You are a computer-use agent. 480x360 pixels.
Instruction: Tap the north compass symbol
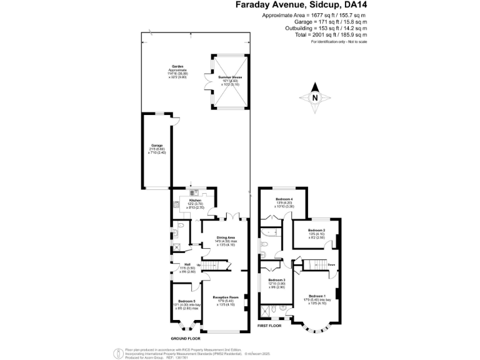[315, 97]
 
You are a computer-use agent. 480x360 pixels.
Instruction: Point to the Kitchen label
[195, 200]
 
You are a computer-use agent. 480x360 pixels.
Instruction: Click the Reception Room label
[226, 297]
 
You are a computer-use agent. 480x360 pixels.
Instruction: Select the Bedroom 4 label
[284, 199]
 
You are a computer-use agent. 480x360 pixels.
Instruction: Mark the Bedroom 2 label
[316, 230]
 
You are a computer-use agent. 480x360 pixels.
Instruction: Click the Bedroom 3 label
[276, 280]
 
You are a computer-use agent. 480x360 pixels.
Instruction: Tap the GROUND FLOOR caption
[185, 338]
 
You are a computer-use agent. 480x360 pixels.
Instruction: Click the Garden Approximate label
[177, 68]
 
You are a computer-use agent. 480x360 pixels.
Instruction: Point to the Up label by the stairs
[199, 266]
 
